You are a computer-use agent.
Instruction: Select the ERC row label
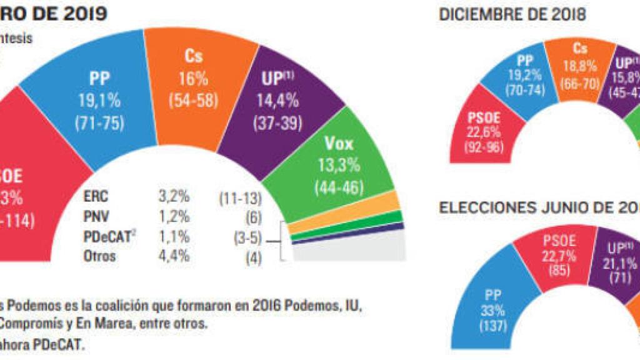click(x=96, y=197)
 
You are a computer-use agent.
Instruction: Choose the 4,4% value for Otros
click(x=173, y=256)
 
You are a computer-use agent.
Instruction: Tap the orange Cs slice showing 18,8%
click(x=580, y=66)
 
